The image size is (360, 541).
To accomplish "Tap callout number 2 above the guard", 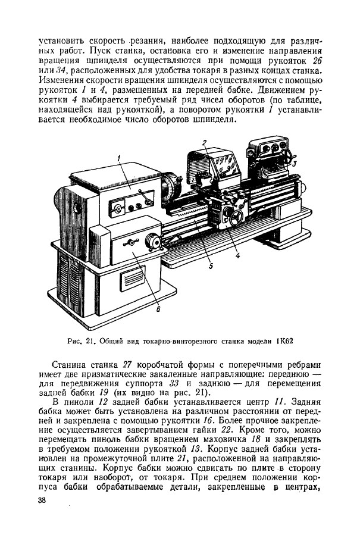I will point(204,142).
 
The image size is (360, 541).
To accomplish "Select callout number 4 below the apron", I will point(237,256).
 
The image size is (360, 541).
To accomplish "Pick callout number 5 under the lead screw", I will point(211,267).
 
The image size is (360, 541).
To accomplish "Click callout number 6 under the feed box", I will point(158,308).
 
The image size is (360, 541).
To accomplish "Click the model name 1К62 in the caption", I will point(286,341).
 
